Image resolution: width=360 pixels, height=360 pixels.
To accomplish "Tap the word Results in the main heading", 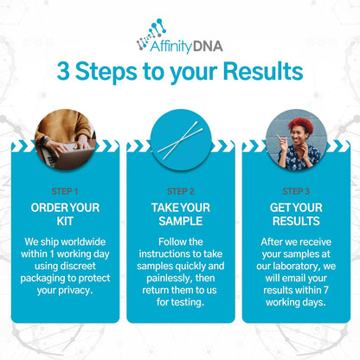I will [257, 72].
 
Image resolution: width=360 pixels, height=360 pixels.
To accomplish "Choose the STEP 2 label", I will [180, 190].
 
